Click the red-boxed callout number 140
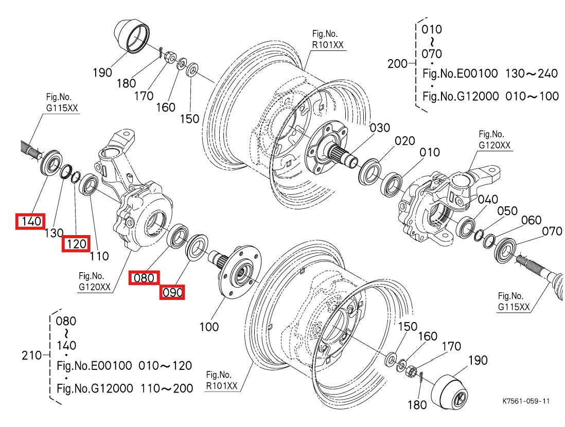[x=30, y=222]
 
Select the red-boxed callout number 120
[x=76, y=244]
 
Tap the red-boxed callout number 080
[x=144, y=278]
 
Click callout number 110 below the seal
[x=99, y=256]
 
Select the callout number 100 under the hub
[x=208, y=327]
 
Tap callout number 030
[x=380, y=128]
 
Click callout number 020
[x=404, y=141]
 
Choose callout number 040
[x=487, y=200]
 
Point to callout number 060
[x=531, y=220]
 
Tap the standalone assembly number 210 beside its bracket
[x=32, y=355]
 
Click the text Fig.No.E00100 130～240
[x=489, y=74]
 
